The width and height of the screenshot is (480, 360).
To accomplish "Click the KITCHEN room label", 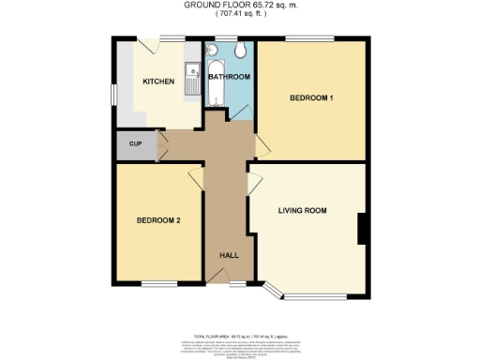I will [157, 82].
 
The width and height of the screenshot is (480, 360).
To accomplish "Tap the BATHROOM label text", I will [229, 76].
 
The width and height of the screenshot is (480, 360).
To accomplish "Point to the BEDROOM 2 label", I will [157, 221].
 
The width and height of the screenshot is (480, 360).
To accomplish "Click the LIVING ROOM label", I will [302, 211].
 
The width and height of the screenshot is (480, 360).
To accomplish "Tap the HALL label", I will [229, 255].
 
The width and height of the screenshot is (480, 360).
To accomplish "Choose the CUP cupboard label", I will [135, 145].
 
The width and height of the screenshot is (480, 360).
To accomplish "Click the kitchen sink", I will [191, 69].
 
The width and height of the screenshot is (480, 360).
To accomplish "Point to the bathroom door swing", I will [239, 110].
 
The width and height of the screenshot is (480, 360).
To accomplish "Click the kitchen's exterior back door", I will [172, 38].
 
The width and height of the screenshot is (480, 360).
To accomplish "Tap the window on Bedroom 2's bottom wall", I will [157, 283].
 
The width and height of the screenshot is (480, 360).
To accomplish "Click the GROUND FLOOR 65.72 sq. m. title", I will [239, 6].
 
